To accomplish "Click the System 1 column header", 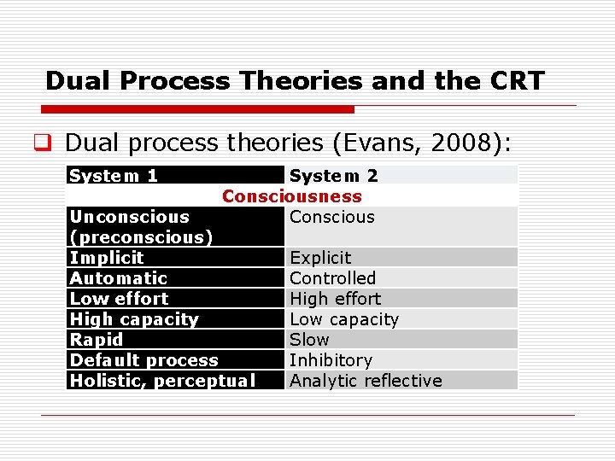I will (x=114, y=176).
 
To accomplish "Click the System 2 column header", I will (x=334, y=176).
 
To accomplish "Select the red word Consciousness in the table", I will (x=292, y=196).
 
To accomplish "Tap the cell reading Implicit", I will (x=107, y=258).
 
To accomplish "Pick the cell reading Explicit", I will (x=320, y=258).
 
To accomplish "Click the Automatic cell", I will (x=119, y=278).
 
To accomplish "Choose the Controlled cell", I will (x=332, y=278).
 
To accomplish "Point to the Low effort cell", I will (x=119, y=299).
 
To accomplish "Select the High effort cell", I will (x=335, y=299).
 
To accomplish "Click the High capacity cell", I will (x=134, y=319).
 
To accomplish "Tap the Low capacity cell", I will (x=344, y=319).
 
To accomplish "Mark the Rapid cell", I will (x=97, y=340).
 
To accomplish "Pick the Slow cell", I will (x=309, y=340).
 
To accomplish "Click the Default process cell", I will (x=144, y=360).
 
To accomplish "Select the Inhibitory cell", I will (x=331, y=360).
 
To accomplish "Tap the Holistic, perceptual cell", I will (x=162, y=381).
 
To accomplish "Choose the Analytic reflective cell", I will (x=366, y=381).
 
